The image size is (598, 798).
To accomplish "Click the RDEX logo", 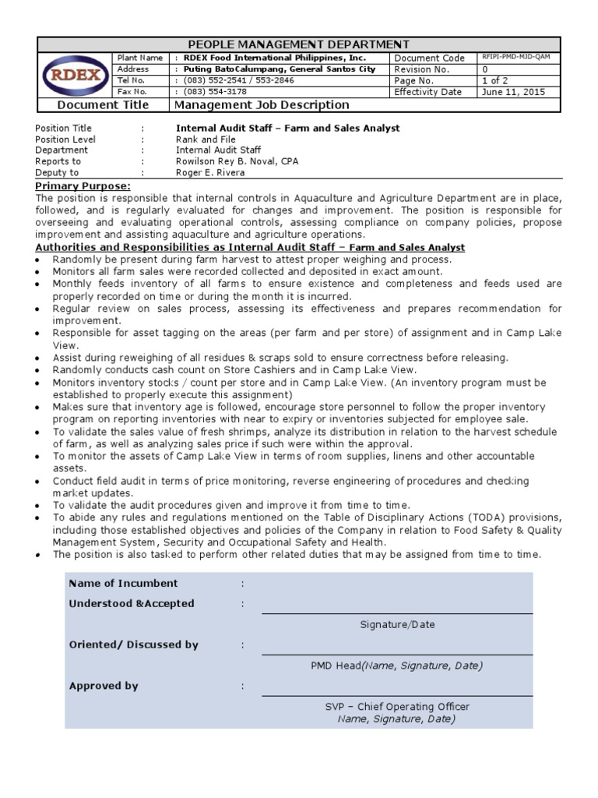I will (75, 75).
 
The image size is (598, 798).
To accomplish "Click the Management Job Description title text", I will (262, 105).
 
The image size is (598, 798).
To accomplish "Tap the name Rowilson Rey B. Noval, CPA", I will (237, 161).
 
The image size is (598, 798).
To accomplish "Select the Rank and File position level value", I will (206, 139).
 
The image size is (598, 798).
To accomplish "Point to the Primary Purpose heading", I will (83, 187).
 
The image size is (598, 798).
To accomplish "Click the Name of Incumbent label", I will (123, 584).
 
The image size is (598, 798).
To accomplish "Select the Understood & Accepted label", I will (132, 604).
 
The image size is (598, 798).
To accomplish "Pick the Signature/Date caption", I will (397, 624).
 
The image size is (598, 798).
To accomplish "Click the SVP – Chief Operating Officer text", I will (397, 707).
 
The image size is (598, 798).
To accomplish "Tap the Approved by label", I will (104, 687).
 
